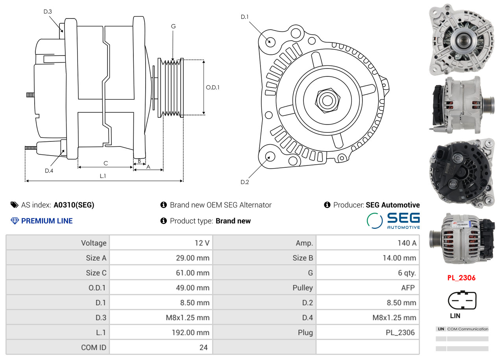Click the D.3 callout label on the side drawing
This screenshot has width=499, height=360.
coord(48,11)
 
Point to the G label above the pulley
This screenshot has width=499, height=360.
coord(173,26)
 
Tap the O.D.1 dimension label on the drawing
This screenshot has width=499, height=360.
coord(213,87)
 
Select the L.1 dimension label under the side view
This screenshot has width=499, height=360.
coord(102,176)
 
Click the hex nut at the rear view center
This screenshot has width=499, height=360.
coord(327,100)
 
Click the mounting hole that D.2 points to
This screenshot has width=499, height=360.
coord(270,156)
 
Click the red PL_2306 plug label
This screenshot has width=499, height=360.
coord(461,278)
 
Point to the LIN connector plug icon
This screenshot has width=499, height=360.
coord(462,300)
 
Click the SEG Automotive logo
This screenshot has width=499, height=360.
coord(393,221)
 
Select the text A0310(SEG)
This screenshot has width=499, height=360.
coord(74,205)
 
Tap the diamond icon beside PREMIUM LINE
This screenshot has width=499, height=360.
coord(15,221)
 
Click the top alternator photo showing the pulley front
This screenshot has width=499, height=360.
coord(461,39)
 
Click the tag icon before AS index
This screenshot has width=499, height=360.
coord(15,205)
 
